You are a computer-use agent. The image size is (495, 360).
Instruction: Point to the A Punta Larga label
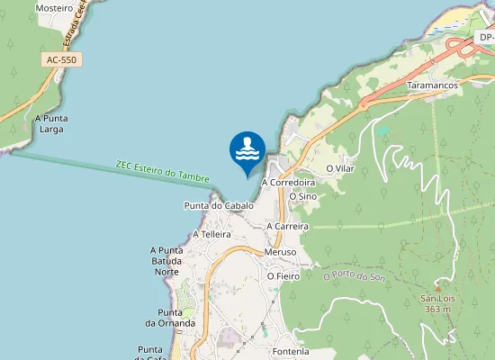[52, 123]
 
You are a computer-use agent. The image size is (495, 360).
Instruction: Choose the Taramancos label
[433, 85]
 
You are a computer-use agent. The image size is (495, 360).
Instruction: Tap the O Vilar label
[342, 168]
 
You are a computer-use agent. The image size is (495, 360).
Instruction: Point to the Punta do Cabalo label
[219, 205]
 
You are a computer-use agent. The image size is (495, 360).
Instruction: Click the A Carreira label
[288, 226]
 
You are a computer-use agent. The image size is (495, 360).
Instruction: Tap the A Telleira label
[206, 234]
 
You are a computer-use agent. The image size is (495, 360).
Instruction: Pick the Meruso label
[282, 252]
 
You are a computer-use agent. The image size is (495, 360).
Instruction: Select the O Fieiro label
[283, 276]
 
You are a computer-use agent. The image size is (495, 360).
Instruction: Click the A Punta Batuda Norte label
[167, 260]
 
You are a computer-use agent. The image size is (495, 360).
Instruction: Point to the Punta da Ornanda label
[170, 317]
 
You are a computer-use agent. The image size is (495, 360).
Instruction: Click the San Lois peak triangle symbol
[438, 287]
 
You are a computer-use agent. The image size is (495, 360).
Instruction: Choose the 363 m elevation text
[437, 309]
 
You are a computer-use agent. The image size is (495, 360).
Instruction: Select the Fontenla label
[289, 351]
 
